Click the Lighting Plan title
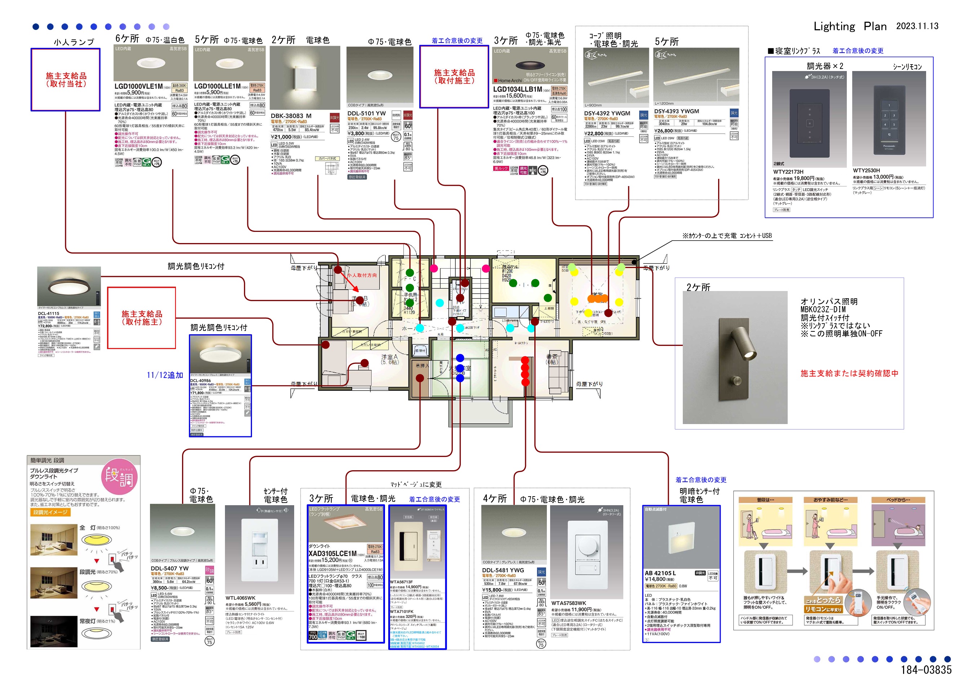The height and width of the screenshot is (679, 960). (850, 26)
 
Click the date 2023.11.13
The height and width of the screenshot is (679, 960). (917, 26)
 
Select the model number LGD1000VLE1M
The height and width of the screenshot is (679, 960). (138, 86)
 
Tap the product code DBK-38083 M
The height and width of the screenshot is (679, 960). (291, 116)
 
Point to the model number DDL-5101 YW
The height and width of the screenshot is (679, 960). (366, 113)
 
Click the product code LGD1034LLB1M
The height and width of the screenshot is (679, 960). (517, 89)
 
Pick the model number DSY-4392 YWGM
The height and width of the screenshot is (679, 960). (607, 113)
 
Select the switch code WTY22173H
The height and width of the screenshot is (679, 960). (788, 172)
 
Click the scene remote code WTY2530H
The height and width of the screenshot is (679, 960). (866, 170)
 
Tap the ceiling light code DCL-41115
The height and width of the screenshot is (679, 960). (49, 313)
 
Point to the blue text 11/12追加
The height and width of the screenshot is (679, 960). (165, 375)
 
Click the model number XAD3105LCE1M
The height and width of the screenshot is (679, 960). (332, 554)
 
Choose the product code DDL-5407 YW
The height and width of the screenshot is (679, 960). (169, 569)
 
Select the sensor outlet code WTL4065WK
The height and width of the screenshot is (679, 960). (240, 598)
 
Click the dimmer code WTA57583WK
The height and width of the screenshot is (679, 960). (568, 603)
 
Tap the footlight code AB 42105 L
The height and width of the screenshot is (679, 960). (660, 573)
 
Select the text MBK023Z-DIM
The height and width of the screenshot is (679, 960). (822, 310)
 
